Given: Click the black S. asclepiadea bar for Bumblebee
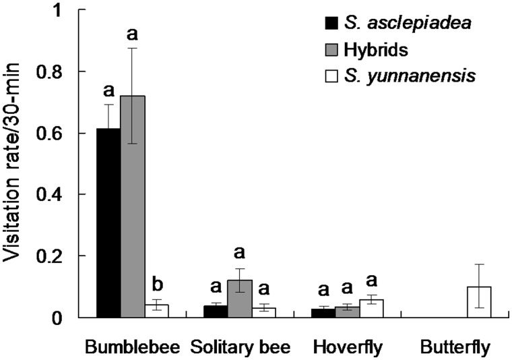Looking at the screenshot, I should point(108,222).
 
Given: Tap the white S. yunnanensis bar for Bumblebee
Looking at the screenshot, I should point(157,311).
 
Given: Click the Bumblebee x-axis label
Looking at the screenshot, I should point(133,347).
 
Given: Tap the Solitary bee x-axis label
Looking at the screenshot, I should point(240,347).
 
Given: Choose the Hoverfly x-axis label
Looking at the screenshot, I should point(348,347).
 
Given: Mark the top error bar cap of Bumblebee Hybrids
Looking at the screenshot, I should point(133,48).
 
